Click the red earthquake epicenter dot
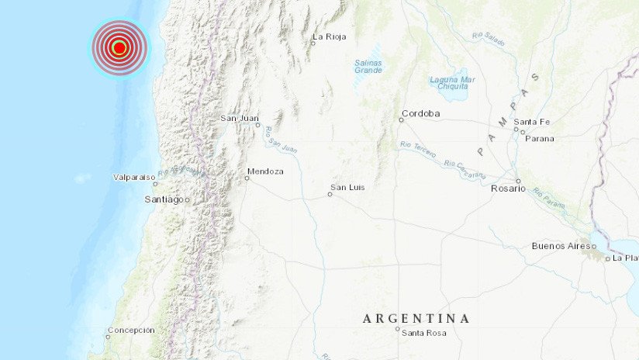119,48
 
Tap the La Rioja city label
329,36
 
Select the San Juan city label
239,118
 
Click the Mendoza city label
265,171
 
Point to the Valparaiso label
132,178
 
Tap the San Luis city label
347,187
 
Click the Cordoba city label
421,113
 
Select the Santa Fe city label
533,122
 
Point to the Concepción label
131,330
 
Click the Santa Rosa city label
423,334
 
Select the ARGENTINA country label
416,318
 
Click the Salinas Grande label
368,66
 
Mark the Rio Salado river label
488,40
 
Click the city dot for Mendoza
247,178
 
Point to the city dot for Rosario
520,189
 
